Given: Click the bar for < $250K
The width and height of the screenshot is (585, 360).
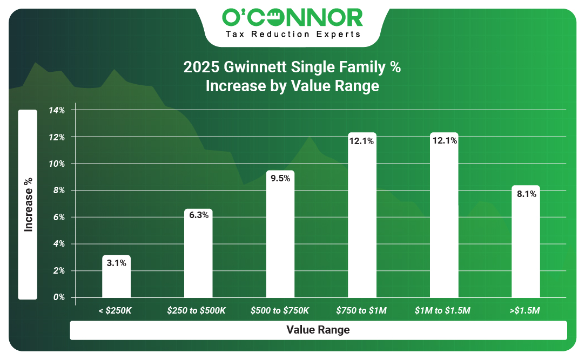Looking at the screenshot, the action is click(x=116, y=276).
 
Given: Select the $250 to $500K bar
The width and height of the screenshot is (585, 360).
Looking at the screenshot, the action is click(x=198, y=253).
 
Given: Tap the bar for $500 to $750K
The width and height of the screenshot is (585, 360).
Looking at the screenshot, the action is click(x=280, y=234).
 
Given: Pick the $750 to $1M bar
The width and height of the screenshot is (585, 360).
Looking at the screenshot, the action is click(x=362, y=215).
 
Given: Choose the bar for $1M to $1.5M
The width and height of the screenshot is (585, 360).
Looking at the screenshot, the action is click(x=444, y=215).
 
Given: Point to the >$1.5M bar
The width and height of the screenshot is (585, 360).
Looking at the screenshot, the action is click(x=526, y=241).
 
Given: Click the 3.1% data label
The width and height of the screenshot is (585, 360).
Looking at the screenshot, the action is click(x=116, y=263).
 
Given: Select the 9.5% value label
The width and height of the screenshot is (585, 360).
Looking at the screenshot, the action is click(x=280, y=179).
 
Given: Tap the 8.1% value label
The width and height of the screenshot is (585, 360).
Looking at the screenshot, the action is click(x=527, y=194).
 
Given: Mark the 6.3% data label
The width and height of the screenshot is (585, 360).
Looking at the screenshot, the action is click(x=198, y=215).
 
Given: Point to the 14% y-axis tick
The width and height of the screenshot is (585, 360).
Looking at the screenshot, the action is click(x=57, y=110).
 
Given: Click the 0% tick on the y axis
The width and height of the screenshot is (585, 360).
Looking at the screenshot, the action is click(x=59, y=297).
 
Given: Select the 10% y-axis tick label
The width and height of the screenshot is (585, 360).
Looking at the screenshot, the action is click(x=57, y=164).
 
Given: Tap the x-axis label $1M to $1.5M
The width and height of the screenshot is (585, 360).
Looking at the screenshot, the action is click(x=442, y=310).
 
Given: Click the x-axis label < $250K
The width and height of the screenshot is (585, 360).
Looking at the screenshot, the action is click(x=115, y=310).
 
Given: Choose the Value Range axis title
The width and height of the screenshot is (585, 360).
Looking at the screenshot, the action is click(x=318, y=330).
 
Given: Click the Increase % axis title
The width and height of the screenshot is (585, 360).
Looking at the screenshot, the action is click(x=28, y=205).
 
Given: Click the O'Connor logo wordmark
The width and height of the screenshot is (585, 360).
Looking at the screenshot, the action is click(x=293, y=18).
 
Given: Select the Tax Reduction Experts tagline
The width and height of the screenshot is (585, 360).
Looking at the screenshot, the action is click(x=293, y=35).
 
